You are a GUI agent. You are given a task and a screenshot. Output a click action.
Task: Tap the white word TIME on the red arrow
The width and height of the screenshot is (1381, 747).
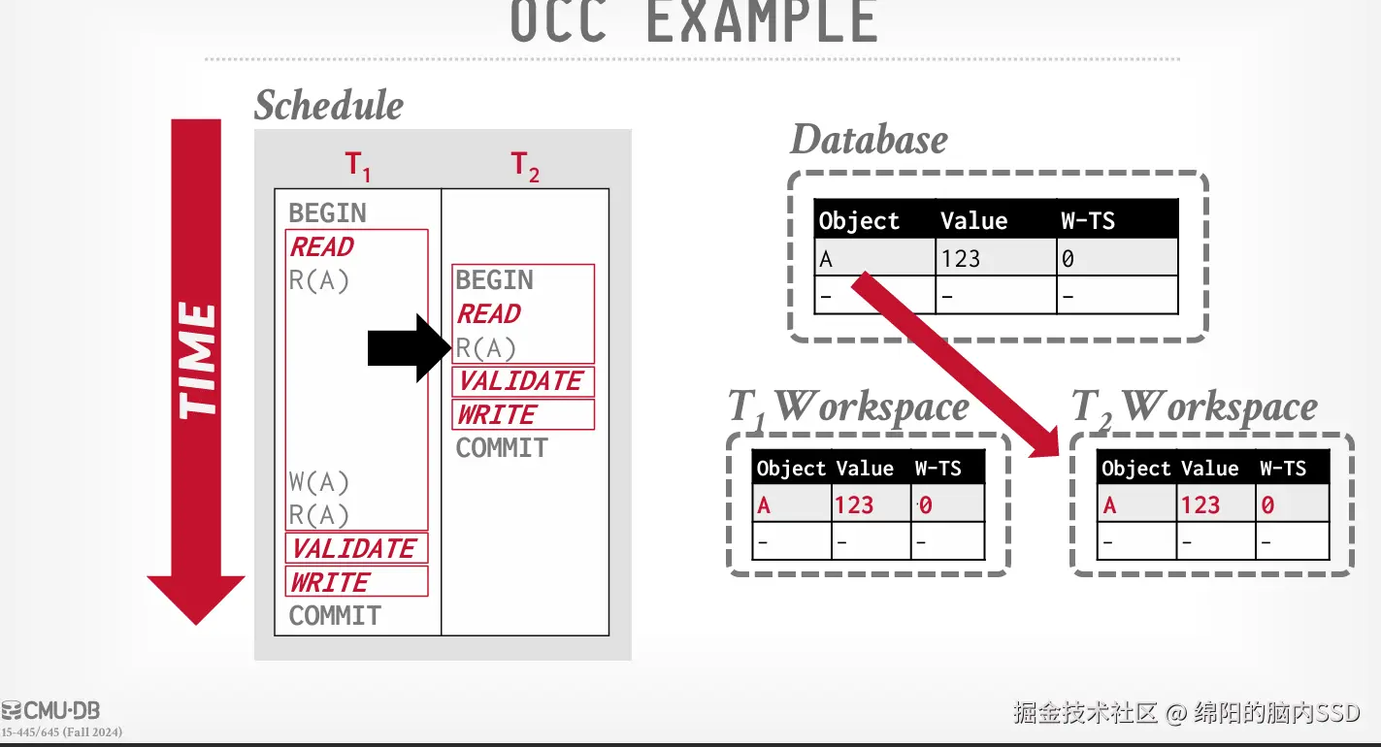tap(197, 360)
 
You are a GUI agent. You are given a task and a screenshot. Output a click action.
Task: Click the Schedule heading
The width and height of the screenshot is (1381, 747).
tap(328, 106)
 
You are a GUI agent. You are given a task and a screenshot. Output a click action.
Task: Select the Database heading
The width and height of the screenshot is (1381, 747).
tap(869, 140)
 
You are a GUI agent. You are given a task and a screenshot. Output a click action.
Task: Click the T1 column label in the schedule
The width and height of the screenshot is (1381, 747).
tap(358, 167)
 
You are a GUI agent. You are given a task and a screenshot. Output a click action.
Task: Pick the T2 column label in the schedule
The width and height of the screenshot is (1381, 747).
tap(525, 167)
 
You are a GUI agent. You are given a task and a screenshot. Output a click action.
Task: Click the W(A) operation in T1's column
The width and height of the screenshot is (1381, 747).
tap(318, 482)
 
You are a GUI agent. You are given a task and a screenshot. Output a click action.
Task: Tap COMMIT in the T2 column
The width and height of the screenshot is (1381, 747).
tap(502, 448)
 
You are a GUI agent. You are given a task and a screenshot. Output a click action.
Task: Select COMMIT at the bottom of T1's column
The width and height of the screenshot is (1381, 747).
tap(335, 615)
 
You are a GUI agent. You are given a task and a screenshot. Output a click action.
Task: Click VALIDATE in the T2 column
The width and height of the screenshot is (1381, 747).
tap(521, 381)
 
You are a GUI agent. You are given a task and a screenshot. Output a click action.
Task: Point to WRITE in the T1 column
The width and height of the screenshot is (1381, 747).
tap(330, 582)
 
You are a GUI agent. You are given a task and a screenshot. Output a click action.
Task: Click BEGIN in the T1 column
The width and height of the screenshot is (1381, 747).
tap(327, 213)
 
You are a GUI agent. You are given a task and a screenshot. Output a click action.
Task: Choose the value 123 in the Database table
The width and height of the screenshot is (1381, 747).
tap(961, 259)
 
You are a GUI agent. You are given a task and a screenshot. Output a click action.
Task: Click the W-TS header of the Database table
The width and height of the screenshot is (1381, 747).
tap(1088, 221)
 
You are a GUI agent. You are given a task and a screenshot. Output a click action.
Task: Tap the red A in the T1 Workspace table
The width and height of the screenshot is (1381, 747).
tap(764, 505)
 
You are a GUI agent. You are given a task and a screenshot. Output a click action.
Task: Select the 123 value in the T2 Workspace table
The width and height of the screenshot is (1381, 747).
tap(1200, 505)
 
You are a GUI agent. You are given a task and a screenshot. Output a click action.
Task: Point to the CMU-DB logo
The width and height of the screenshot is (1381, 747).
tap(51, 710)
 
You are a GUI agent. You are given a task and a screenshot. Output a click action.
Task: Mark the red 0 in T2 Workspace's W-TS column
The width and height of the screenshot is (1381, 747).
tap(1267, 505)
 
